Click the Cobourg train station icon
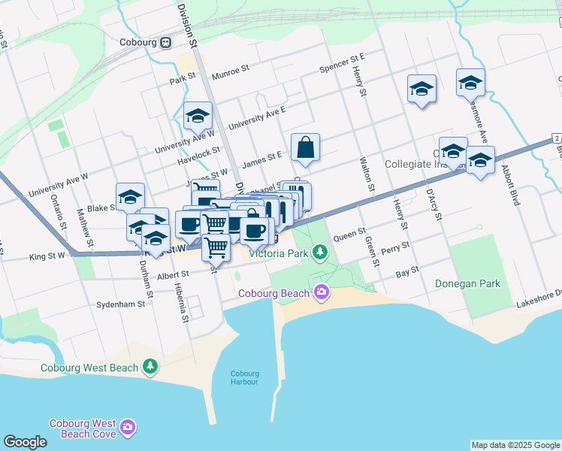pos(165,43)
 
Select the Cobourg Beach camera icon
pos(322,292)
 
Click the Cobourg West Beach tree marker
pos(152,367)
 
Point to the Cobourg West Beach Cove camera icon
pos(128,428)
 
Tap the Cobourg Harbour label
pos(244,378)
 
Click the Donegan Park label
pos(467,283)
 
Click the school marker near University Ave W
pos(198,116)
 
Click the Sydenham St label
pos(120,305)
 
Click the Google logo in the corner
pos(25,442)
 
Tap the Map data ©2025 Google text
pos(515,445)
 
